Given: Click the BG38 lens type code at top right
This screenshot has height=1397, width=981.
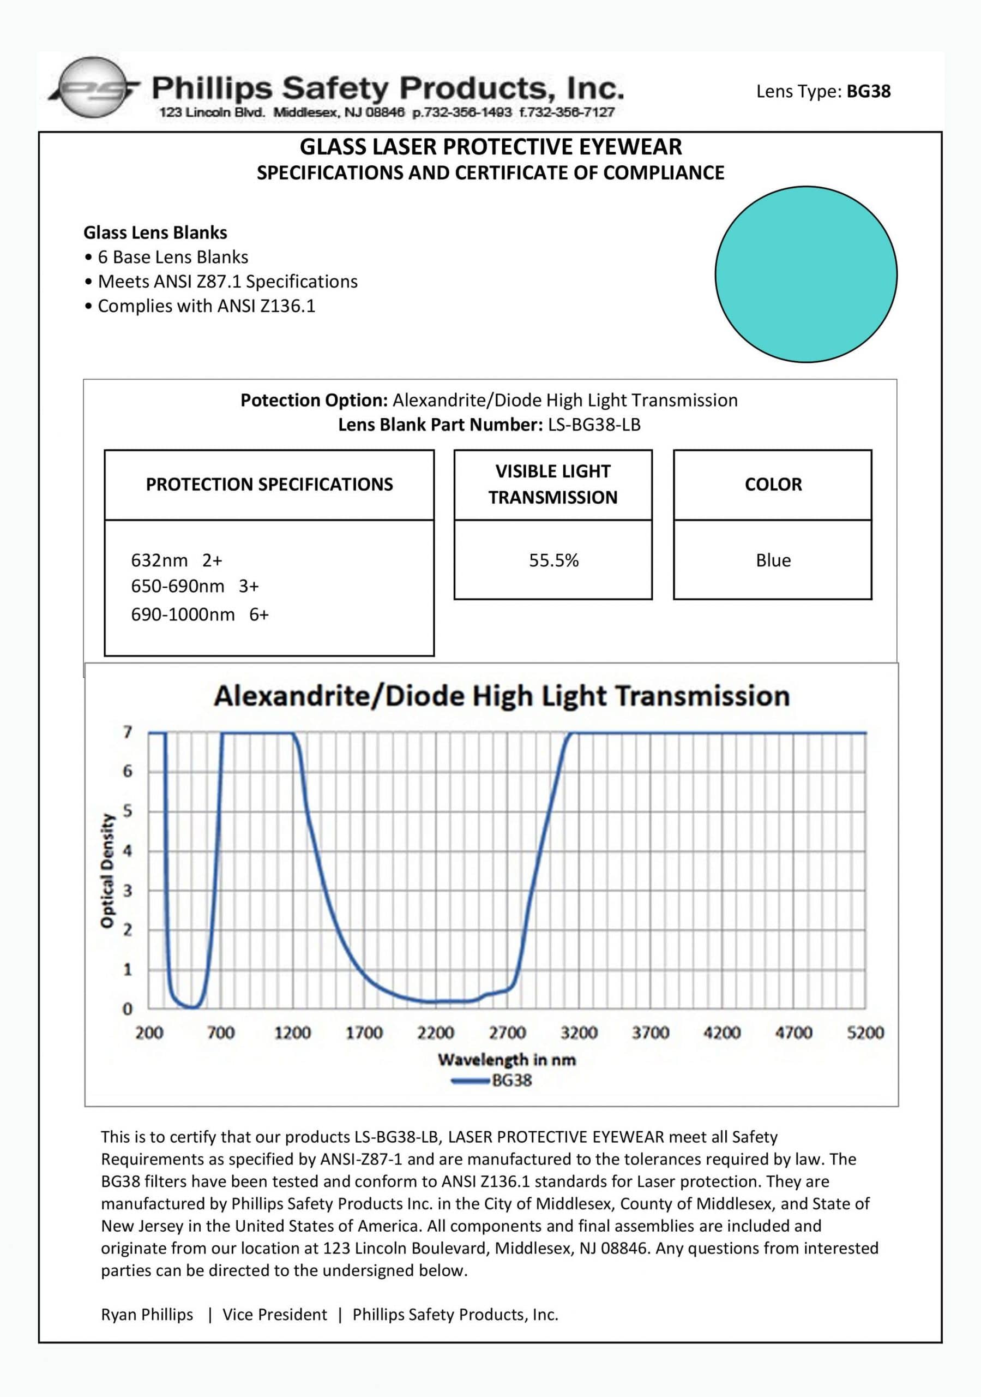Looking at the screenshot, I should tap(868, 91).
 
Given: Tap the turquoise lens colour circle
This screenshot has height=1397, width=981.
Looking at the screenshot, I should tap(805, 274).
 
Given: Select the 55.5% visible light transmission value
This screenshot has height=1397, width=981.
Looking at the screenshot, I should tap(553, 560).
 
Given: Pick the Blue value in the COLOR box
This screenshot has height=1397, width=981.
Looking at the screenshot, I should tap(773, 560).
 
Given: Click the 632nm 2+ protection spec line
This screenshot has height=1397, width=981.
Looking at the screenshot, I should tap(176, 560).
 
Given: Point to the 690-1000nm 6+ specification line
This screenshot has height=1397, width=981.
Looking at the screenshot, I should tap(200, 614).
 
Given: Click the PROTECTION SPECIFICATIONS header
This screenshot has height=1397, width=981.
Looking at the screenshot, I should tap(269, 485).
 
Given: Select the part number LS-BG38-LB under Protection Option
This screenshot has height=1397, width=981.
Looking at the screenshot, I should tap(594, 424).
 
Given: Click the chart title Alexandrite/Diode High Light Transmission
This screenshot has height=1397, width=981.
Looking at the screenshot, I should tap(502, 695).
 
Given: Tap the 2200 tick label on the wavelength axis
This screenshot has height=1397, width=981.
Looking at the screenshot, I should tap(436, 1032).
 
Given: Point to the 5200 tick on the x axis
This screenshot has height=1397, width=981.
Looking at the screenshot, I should tap(865, 1032).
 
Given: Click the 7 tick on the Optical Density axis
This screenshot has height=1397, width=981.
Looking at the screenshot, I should tap(127, 732).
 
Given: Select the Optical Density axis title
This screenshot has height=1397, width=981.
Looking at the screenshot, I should tap(107, 871).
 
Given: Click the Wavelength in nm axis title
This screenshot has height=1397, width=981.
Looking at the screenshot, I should tap(506, 1059).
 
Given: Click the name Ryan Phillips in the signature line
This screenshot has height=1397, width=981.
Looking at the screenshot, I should tap(147, 1314).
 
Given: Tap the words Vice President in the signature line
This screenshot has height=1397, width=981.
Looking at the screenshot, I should tap(274, 1314).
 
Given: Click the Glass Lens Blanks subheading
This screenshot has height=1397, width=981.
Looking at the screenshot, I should tap(155, 232).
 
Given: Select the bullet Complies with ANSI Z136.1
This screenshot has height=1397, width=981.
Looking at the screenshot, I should tap(206, 306).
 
